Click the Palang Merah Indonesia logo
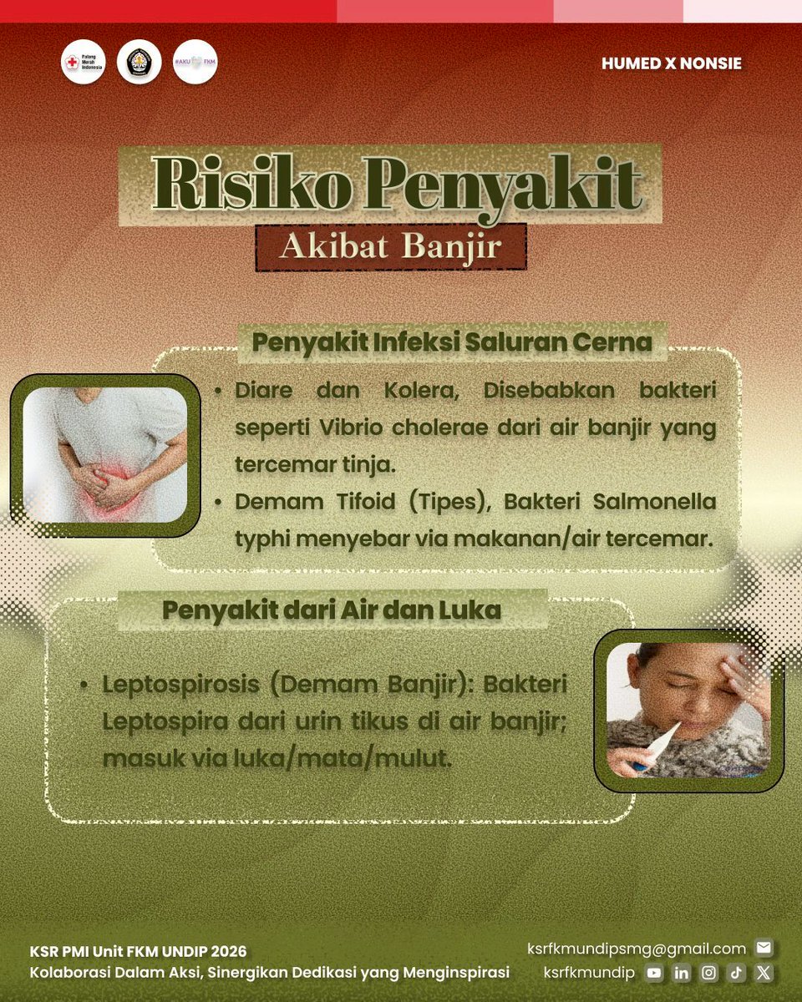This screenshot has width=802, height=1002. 84,62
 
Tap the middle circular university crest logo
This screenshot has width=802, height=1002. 140,62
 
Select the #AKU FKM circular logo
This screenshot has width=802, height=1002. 195,62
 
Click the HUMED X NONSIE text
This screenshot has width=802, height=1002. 671,63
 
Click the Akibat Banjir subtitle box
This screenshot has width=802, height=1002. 391,247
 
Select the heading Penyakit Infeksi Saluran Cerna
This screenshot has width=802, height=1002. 452,342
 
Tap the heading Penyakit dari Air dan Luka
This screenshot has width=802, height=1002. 332,610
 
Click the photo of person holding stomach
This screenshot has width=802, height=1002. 104,455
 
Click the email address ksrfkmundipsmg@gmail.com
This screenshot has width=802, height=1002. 637,949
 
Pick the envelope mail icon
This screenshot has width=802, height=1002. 763,948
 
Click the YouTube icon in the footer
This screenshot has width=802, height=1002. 654,973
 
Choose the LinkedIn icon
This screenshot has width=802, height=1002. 682,973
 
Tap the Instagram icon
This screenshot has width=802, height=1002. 709,973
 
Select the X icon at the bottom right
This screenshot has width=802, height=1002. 764,973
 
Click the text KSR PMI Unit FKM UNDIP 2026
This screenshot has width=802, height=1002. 139,952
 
